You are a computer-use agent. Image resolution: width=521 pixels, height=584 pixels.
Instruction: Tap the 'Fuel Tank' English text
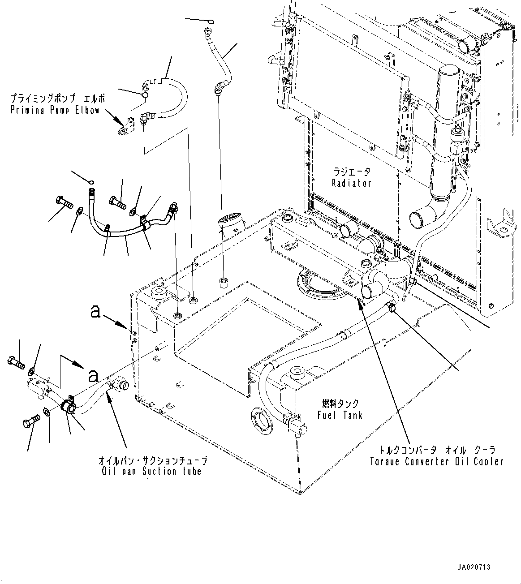click(340, 415)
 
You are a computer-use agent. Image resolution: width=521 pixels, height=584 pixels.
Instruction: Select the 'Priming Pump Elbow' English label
click(54, 110)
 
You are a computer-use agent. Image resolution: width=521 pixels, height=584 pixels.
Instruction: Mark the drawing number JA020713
click(474, 567)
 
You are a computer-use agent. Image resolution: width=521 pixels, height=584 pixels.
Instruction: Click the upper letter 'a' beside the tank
click(95, 312)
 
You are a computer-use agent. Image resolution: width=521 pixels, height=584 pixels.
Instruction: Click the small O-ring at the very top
click(211, 21)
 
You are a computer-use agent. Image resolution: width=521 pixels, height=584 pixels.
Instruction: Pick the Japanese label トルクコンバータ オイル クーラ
click(436, 450)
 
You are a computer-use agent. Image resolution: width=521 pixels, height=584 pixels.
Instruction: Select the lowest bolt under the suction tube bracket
click(31, 422)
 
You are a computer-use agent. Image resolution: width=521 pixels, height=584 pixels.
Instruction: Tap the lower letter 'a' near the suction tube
click(93, 375)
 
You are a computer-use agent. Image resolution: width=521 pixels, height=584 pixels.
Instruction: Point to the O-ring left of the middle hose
click(91, 182)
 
